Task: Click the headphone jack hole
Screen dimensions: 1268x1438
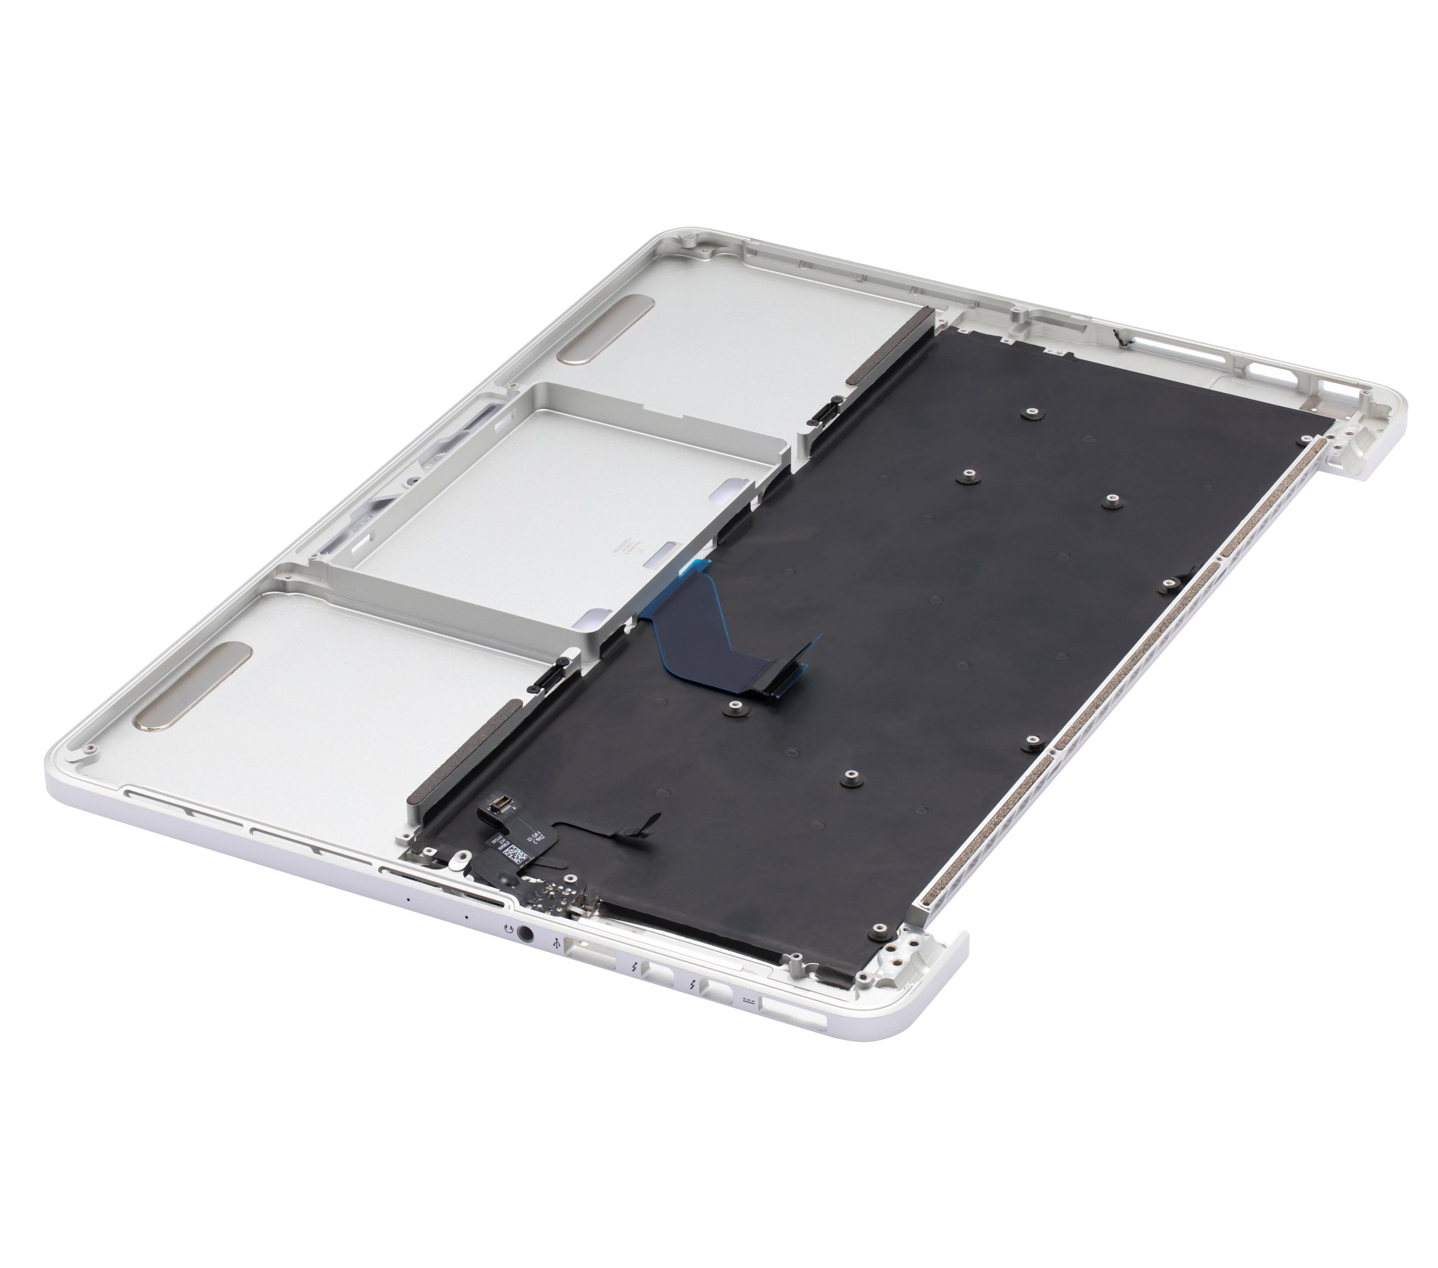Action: tap(525, 934)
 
